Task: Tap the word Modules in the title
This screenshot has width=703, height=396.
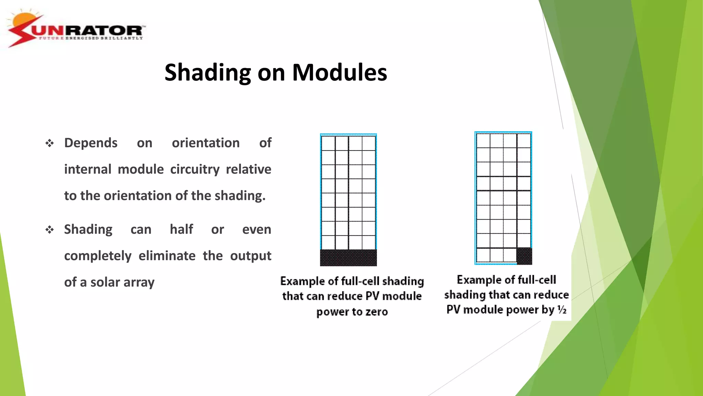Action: pos(339,73)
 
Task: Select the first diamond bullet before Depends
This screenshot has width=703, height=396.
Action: pos(50,143)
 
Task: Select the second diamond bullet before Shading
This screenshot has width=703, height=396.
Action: pos(50,230)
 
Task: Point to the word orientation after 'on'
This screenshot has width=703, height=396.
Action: pos(206,143)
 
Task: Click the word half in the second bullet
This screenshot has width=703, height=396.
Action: pos(181,229)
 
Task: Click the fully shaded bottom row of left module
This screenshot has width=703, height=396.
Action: pos(348,257)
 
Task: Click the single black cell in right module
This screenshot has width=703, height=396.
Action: pos(524,256)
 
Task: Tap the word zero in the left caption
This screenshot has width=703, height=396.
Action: pos(377,312)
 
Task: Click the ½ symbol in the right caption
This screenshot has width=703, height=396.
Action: pos(562,310)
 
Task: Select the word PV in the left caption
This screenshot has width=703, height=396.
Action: pos(372,296)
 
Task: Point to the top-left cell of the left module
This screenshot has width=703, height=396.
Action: pos(328,143)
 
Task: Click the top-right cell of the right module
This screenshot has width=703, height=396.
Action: pos(524,141)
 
